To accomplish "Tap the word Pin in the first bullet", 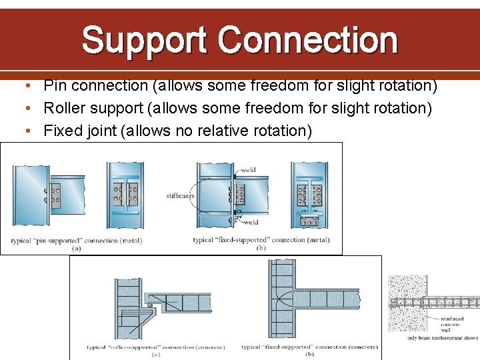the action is pyautogui.click(x=55, y=85).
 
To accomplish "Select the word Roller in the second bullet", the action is pyautogui.click(x=64, y=108).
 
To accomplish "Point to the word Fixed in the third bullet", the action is pyautogui.click(x=62, y=131).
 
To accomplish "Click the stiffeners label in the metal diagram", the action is pyautogui.click(x=180, y=196).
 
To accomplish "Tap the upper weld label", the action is pyautogui.click(x=249, y=170).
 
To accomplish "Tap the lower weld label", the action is pyautogui.click(x=251, y=222).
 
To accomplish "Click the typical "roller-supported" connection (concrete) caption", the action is pyautogui.click(x=155, y=347).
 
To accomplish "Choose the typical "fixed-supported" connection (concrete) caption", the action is pyautogui.click(x=307, y=347).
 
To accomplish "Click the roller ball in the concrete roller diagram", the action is pyautogui.click(x=151, y=305).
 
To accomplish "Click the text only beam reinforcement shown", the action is pyautogui.click(x=443, y=338).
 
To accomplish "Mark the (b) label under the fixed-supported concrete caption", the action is pyautogui.click(x=309, y=355).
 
